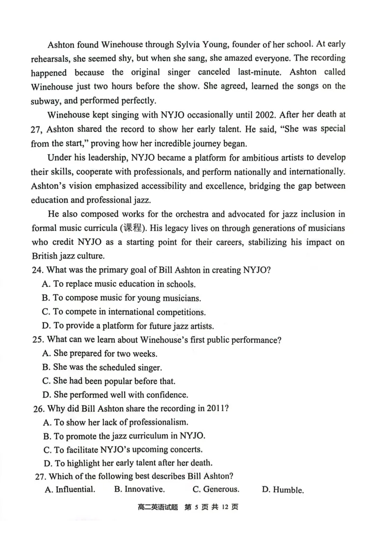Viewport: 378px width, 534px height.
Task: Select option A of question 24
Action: [x=118, y=284]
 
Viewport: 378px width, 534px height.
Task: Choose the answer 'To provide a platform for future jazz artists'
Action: [x=128, y=325]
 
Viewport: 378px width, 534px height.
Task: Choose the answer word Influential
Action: [x=75, y=489]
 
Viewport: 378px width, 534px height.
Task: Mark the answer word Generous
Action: [x=221, y=489]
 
